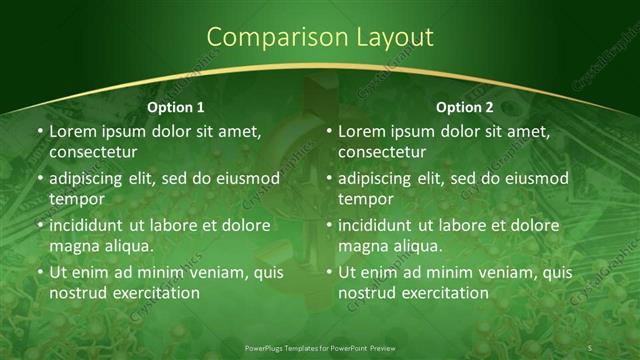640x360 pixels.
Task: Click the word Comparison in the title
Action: [x=267, y=38]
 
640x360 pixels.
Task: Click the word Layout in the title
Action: [x=385, y=38]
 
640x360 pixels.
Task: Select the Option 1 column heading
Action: [x=176, y=107]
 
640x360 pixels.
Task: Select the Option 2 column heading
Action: [x=465, y=107]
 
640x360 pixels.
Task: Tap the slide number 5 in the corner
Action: [x=590, y=347]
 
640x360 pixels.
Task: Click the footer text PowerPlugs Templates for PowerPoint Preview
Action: [x=320, y=347]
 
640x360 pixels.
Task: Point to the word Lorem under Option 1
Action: [x=73, y=132]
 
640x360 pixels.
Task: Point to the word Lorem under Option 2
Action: [x=362, y=132]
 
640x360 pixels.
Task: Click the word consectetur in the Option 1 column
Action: [x=95, y=152]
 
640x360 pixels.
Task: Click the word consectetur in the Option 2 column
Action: [x=384, y=152]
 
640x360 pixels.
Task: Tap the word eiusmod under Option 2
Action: [x=535, y=179]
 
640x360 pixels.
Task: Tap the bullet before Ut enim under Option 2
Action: [x=329, y=273]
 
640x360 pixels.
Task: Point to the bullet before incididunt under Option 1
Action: [x=40, y=226]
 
